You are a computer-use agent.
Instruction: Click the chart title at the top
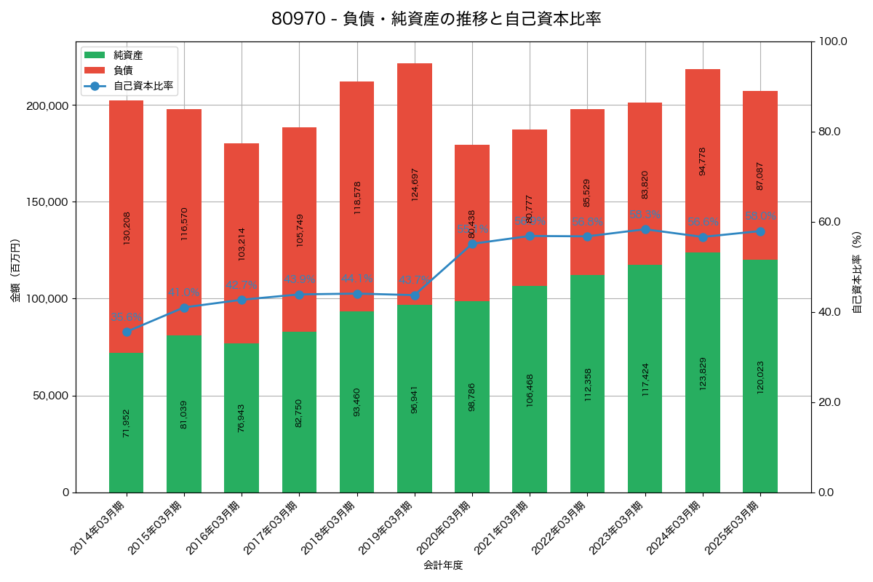pyautogui.click(x=436, y=19)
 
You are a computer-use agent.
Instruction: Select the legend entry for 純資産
pyautogui.click(x=128, y=55)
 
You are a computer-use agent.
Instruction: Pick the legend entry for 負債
pyautogui.click(x=123, y=71)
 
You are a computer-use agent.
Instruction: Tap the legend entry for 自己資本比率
pyautogui.click(x=143, y=86)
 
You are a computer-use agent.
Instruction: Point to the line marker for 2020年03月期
pyautogui.click(x=471, y=244)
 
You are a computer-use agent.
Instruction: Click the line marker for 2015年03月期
pyautogui.click(x=184, y=308)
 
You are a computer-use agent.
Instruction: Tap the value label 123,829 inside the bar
pyautogui.click(x=703, y=373)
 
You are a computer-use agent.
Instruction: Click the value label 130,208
pyautogui.click(x=127, y=228)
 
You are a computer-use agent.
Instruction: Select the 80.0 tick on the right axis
pyautogui.click(x=829, y=132)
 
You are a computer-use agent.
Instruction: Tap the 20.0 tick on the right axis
pyautogui.click(x=829, y=402)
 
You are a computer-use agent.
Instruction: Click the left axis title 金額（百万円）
pyautogui.click(x=15, y=271)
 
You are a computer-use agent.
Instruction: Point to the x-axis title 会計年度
pyautogui.click(x=443, y=565)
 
